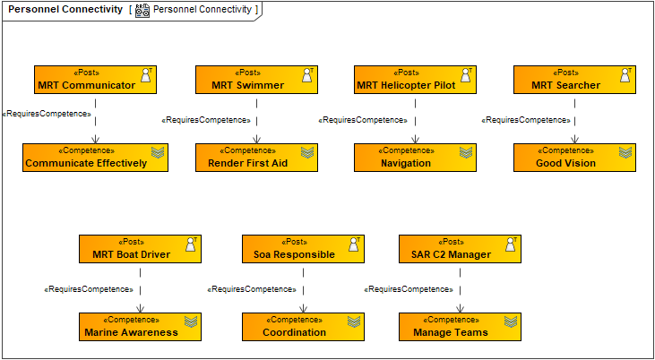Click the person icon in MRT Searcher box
click(x=625, y=75)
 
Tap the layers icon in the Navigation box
click(x=466, y=152)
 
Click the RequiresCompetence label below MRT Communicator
click(x=47, y=114)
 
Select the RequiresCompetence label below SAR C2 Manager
click(x=409, y=289)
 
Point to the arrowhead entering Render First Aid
click(x=257, y=140)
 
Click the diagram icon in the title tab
click(x=142, y=10)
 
